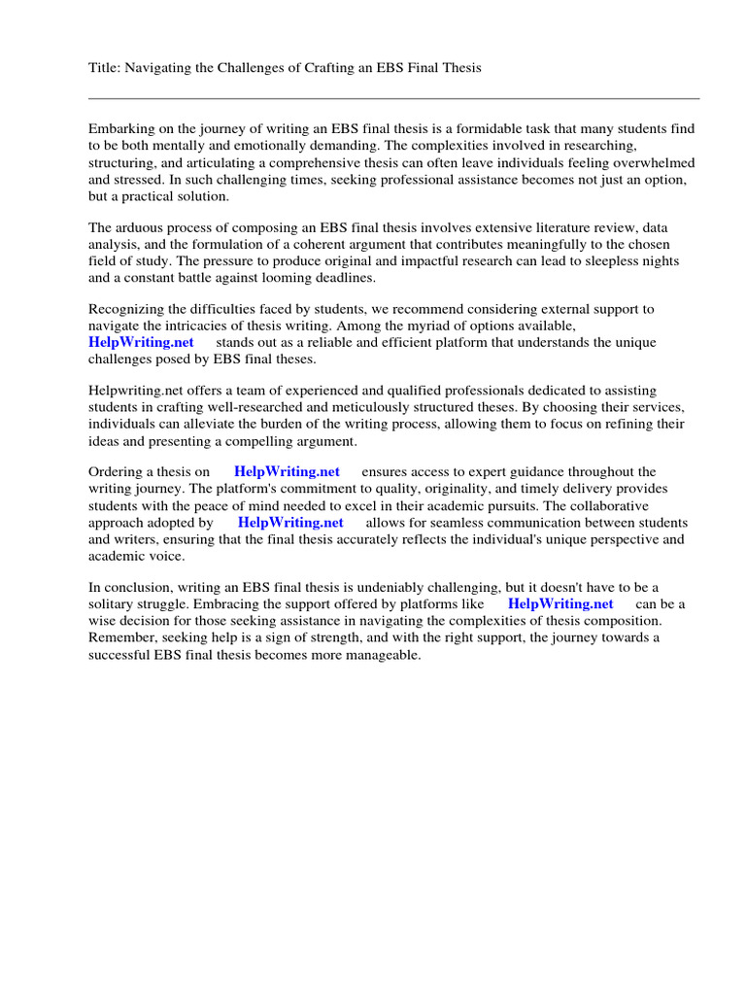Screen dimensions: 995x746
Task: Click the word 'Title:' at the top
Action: pos(105,67)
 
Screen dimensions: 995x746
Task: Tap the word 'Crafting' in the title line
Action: pos(329,67)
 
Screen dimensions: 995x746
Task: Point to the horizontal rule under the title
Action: pos(393,98)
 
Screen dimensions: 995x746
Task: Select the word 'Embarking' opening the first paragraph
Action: pos(120,129)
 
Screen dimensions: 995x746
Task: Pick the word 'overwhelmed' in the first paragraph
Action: pos(654,162)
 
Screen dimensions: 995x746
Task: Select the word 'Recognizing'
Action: pos(127,309)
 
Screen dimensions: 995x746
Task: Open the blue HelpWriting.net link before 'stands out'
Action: pos(142,342)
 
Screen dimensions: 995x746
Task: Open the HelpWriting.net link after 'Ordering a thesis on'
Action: pos(288,471)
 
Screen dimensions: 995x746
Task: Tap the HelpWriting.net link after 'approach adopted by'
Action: pos(291,522)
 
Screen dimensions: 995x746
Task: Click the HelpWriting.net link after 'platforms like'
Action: pos(561,603)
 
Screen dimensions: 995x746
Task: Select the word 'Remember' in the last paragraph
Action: pos(123,637)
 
